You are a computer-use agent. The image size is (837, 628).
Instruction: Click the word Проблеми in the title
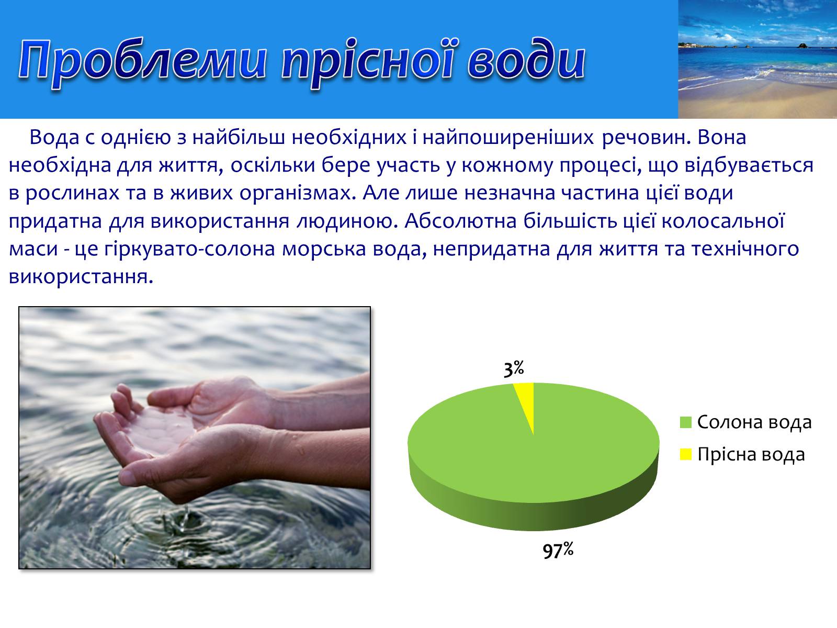[x=142, y=61]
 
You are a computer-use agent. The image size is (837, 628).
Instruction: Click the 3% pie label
[x=514, y=369]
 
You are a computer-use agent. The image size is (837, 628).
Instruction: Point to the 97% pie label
[x=558, y=550]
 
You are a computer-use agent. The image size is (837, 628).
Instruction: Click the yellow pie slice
[x=526, y=400]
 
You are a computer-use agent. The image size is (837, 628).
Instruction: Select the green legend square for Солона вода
[x=686, y=422]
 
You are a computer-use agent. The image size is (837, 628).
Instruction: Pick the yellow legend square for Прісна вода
[x=686, y=454]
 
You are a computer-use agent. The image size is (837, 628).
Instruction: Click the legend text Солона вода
[x=754, y=422]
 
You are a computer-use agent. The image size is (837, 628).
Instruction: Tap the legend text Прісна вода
[x=751, y=454]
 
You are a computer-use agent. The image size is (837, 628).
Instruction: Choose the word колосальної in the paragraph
[x=722, y=221]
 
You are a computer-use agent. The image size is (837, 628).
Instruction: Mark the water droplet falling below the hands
[x=186, y=512]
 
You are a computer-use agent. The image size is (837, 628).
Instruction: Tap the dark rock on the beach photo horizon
[x=802, y=46]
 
